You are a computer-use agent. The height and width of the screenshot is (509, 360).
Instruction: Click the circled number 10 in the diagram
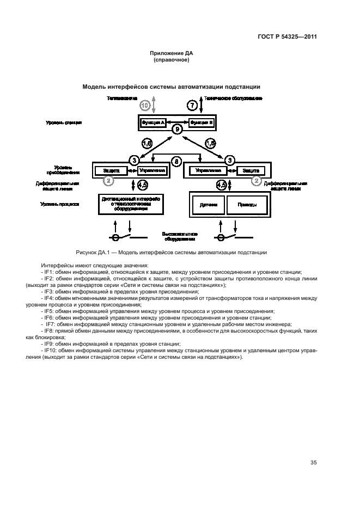click(x=144, y=105)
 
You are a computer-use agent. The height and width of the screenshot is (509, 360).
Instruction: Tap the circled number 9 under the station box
click(x=176, y=130)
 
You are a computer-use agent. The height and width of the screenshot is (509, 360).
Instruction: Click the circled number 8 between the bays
click(x=176, y=161)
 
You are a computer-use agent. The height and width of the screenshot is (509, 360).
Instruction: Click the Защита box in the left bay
click(x=108, y=170)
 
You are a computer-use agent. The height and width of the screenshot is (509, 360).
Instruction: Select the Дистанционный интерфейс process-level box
click(x=131, y=204)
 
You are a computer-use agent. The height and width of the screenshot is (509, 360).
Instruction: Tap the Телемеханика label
click(x=121, y=99)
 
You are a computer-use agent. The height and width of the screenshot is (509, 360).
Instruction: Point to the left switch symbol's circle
click(x=116, y=237)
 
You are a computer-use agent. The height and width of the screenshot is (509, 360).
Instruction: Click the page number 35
click(x=313, y=463)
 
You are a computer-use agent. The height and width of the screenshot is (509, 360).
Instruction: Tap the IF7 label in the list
click(x=49, y=323)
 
